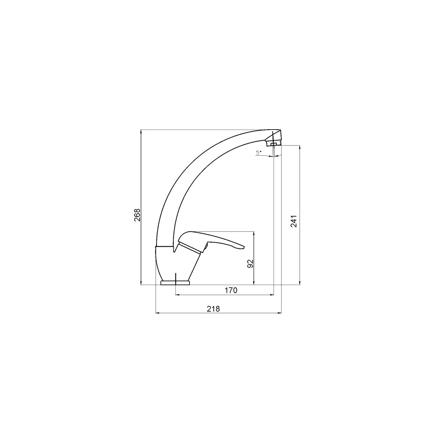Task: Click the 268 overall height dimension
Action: click(137, 215)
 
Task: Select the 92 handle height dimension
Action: click(250, 264)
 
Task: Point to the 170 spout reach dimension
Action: click(231, 291)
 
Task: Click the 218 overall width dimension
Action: click(213, 309)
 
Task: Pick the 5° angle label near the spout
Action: click(259, 152)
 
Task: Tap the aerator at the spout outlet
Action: click(273, 144)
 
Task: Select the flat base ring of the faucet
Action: click(175, 282)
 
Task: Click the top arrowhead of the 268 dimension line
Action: click(141, 132)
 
